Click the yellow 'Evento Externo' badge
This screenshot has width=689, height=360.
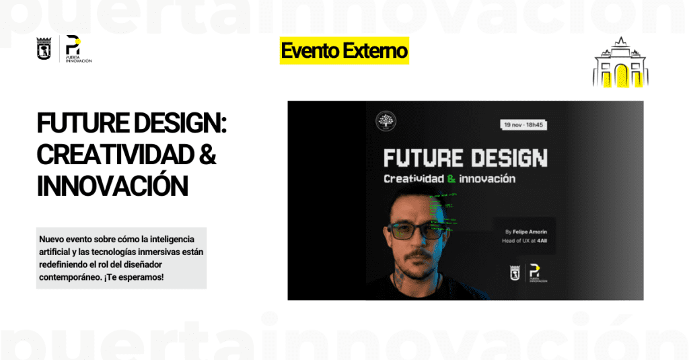click(344, 50)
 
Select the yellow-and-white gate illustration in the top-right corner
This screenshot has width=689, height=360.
click(620, 65)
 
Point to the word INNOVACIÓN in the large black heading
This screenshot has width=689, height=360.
click(112, 186)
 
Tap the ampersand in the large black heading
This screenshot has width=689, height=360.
click(208, 154)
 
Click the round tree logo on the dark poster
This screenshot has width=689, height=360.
click(386, 122)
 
